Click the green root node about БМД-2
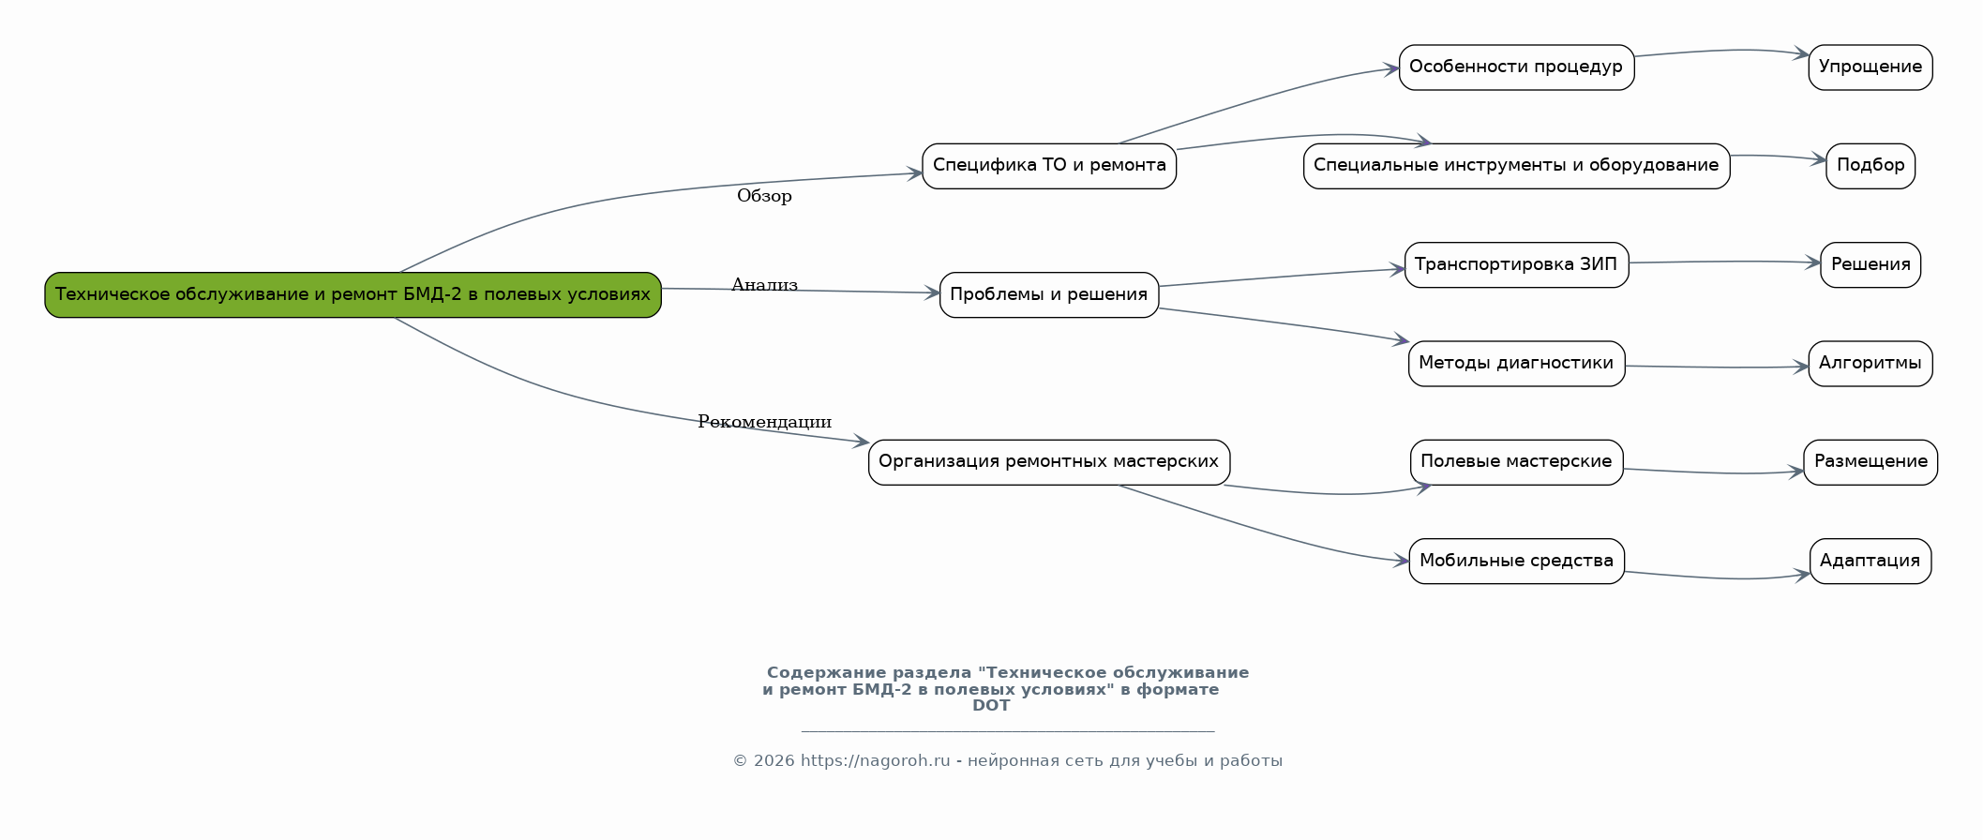pyautogui.click(x=353, y=294)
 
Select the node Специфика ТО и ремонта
pyautogui.click(x=1048, y=166)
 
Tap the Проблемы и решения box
pyautogui.click(x=1048, y=294)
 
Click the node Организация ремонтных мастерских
pyautogui.click(x=1048, y=461)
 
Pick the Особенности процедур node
pyautogui.click(x=1515, y=67)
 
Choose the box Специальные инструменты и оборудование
pyautogui.click(x=1515, y=166)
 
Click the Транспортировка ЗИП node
pyautogui.click(x=1515, y=264)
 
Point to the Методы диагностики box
pyautogui.click(x=1515, y=363)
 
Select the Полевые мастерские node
pyautogui.click(x=1515, y=461)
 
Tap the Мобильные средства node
pyautogui.click(x=1515, y=561)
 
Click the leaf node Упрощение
pyautogui.click(x=1870, y=67)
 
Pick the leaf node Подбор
pyautogui.click(x=1870, y=166)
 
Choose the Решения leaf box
pyautogui.click(x=1870, y=264)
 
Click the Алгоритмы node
pyautogui.click(x=1870, y=363)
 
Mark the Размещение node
pyautogui.click(x=1870, y=461)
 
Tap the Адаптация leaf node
pyautogui.click(x=1870, y=561)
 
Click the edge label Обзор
pyautogui.click(x=764, y=196)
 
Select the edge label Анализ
pyautogui.click(x=764, y=285)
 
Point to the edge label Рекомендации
pyautogui.click(x=764, y=422)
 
